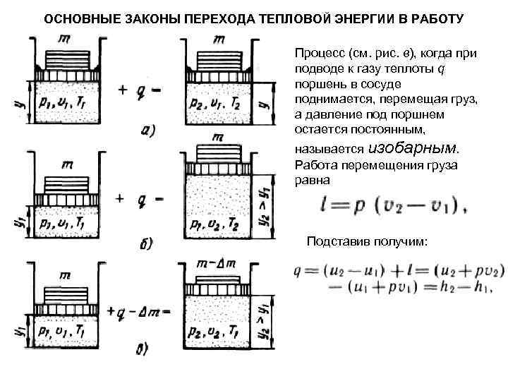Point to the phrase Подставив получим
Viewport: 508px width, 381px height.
(x=367, y=241)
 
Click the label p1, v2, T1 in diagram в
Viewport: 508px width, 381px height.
(x=217, y=329)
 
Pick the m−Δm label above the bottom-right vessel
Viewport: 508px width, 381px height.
(x=217, y=262)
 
